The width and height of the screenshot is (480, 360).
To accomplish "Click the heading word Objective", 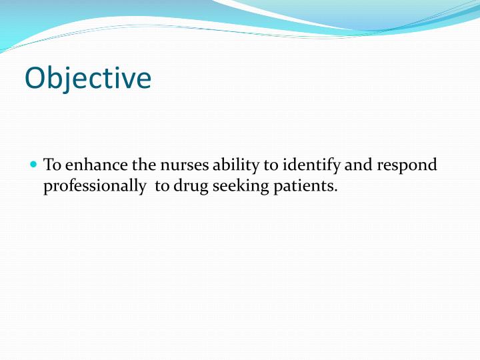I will [x=88, y=78].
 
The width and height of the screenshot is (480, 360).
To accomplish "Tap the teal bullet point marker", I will [x=34, y=164].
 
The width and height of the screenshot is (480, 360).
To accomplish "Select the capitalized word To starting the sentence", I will [x=51, y=165].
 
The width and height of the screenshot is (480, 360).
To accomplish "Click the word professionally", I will [x=95, y=187].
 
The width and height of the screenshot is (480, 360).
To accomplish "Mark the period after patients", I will [x=336, y=191].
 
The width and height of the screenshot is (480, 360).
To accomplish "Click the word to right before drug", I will [x=162, y=187].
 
